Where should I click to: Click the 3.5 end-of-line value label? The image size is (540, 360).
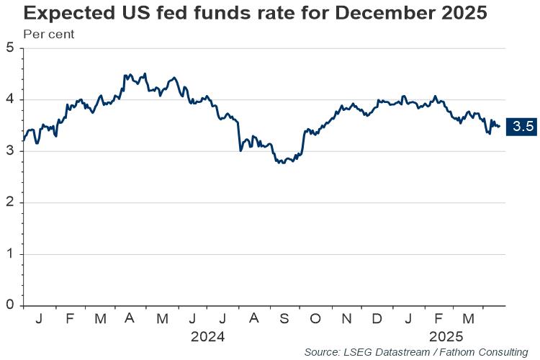tap(521, 127)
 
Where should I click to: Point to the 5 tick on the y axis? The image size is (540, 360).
tap(10, 48)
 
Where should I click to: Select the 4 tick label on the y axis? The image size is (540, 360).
tap(10, 99)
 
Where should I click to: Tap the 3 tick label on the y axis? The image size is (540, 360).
tap(10, 151)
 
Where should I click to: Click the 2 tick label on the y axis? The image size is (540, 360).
tap(10, 202)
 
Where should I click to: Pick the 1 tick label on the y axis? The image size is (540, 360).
tap(10, 254)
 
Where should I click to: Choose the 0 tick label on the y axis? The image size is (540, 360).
tap(10, 305)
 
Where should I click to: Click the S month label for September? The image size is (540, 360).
tap(284, 319)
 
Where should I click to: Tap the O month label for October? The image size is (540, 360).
tap(315, 319)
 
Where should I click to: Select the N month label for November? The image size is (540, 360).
tap(346, 319)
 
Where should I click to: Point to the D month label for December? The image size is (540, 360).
tap(377, 319)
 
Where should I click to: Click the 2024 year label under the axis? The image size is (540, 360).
tap(207, 336)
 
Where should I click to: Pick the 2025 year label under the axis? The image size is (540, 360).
tap(446, 336)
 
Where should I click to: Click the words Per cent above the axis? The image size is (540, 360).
tap(49, 34)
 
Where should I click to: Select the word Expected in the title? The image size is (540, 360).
tap(69, 14)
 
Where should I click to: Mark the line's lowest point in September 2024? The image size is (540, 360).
tap(283, 163)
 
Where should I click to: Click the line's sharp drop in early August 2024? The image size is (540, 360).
tap(239, 136)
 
